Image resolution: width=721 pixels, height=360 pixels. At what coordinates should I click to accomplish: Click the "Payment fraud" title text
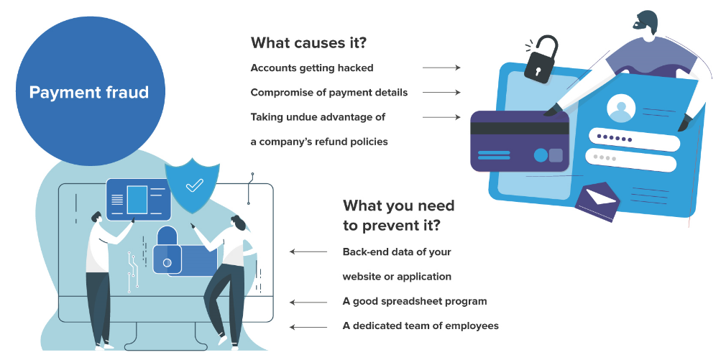(88, 93)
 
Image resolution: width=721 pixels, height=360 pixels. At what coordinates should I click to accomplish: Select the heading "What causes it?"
(308, 42)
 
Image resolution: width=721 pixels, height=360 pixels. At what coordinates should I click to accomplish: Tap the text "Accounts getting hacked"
(312, 68)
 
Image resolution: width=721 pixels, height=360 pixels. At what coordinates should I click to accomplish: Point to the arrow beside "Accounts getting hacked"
(441, 68)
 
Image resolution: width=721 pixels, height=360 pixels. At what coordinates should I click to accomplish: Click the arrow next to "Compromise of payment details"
(441, 93)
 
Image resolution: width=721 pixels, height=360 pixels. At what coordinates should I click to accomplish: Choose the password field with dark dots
(633, 138)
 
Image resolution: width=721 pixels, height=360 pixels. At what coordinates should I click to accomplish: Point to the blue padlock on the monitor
(167, 252)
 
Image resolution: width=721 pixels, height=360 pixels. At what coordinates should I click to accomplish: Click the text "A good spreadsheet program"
(415, 301)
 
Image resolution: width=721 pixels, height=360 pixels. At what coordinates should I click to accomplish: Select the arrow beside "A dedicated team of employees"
(308, 326)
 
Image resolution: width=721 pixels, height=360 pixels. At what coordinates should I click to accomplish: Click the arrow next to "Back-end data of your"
(308, 251)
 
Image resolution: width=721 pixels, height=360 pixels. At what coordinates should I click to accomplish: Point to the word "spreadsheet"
(408, 301)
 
